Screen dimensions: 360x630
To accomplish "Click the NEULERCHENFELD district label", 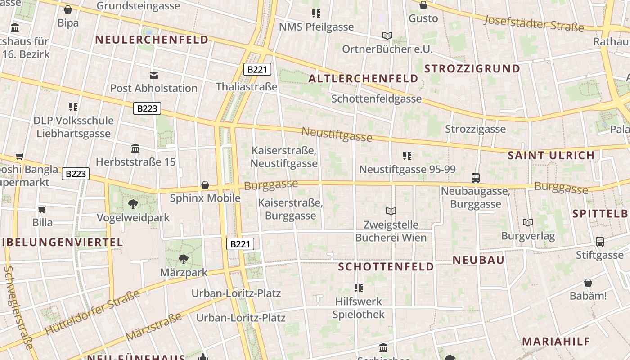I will [x=152, y=40].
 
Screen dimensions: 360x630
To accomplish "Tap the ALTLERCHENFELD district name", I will [x=363, y=79].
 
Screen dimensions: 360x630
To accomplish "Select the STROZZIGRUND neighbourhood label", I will [x=472, y=69].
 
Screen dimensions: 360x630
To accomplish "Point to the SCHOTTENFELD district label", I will [x=386, y=267].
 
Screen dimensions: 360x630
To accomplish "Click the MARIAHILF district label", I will [x=556, y=341].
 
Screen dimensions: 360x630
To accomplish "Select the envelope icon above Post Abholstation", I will [x=154, y=75].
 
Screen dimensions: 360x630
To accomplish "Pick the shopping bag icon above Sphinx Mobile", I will [x=205, y=185].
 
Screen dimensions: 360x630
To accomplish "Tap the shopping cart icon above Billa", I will [x=42, y=209].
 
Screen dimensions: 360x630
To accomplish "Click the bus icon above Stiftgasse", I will [x=600, y=242].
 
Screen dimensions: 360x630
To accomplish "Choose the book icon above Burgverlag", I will [x=528, y=222].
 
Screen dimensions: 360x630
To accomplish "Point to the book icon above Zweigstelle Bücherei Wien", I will [x=391, y=211].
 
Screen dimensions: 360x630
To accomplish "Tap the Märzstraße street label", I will [x=153, y=327].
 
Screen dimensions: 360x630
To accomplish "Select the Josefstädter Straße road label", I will [x=534, y=23].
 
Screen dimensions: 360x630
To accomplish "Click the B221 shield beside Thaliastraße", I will [x=257, y=69].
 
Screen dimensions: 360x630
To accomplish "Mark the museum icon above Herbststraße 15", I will [x=135, y=148].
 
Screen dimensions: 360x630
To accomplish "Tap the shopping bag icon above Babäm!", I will [x=588, y=283].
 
